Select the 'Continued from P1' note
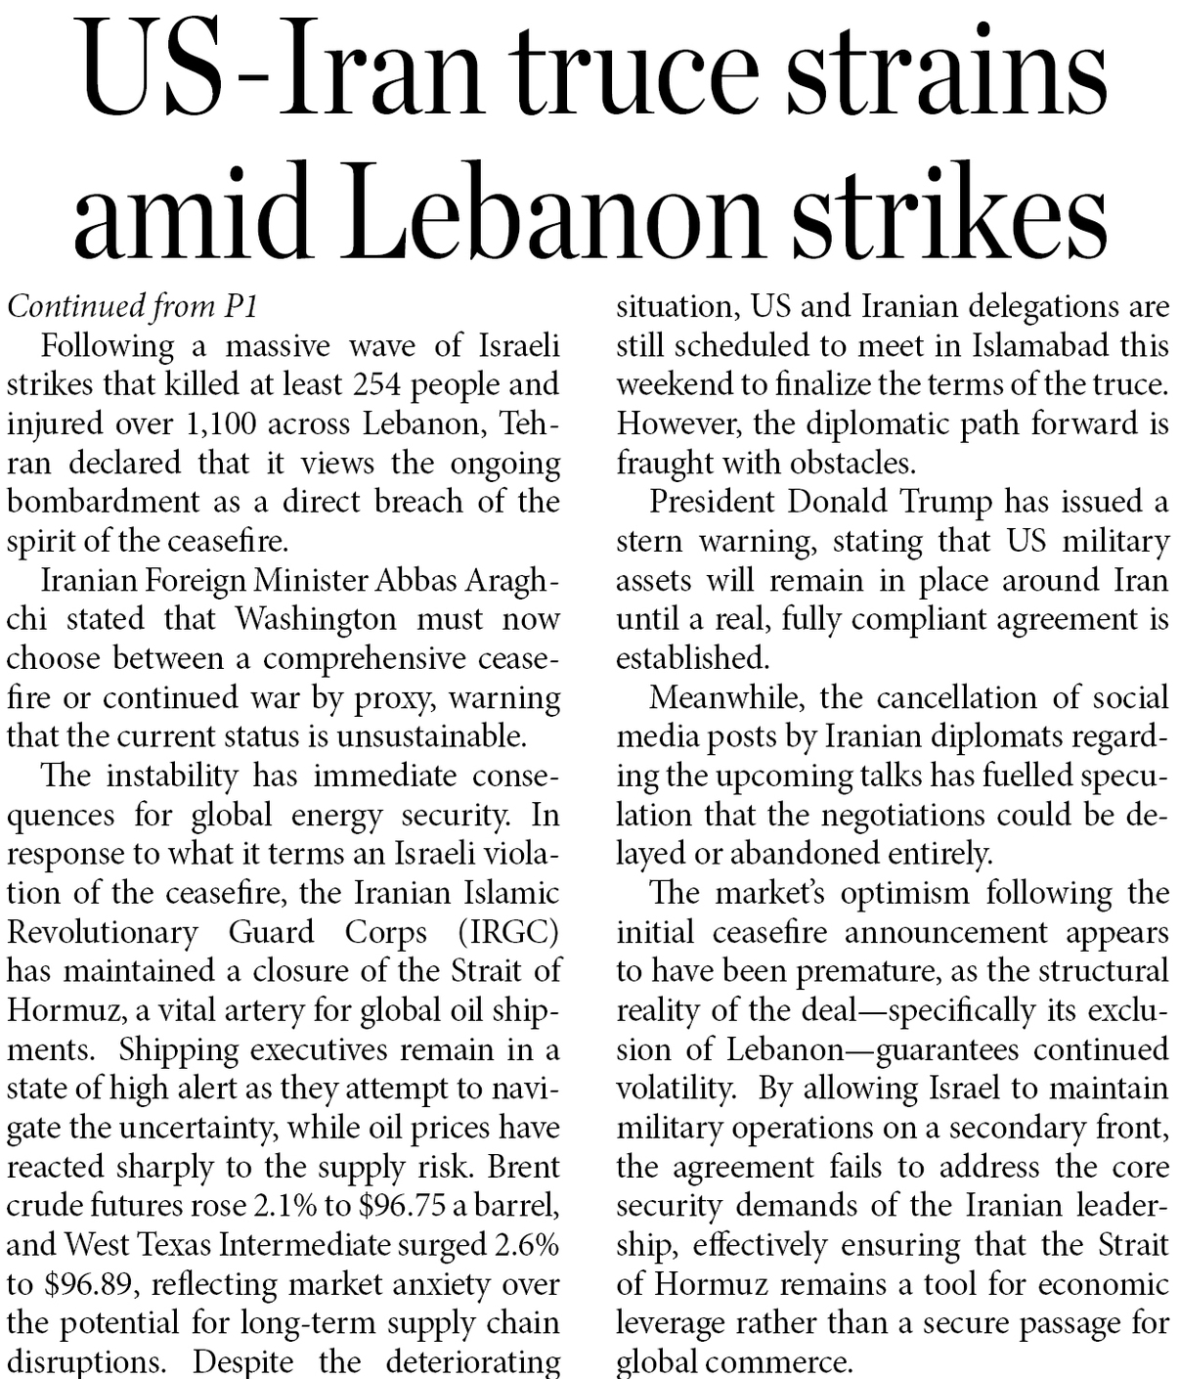(x=132, y=307)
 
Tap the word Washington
(x=316, y=619)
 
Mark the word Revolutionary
(x=103, y=932)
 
